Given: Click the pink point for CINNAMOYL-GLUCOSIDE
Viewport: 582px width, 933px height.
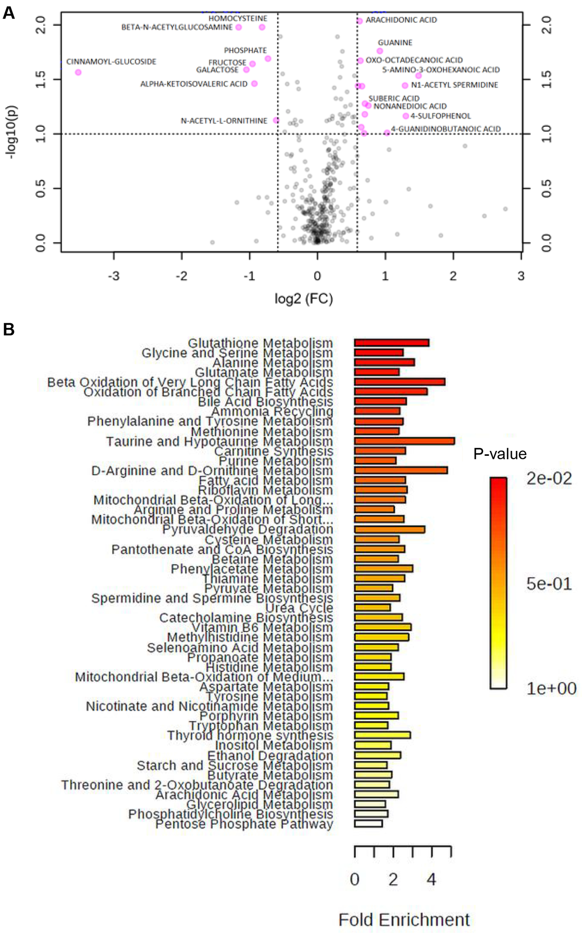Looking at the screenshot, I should click(78, 72).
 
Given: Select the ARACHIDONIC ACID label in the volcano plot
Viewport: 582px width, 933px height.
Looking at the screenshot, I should click(401, 20).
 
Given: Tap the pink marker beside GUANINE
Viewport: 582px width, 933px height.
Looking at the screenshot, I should click(380, 51).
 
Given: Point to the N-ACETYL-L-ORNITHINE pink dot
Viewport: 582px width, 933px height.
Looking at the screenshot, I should click(276, 120).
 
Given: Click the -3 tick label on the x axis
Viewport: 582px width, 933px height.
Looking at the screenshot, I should click(114, 276).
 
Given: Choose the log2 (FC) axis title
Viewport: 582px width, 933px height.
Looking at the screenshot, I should click(304, 298).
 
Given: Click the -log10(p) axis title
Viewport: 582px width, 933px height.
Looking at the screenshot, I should click(11, 132).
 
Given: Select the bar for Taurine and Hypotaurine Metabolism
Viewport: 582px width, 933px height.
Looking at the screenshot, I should click(404, 441).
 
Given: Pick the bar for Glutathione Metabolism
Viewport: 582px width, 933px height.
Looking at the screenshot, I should click(391, 343).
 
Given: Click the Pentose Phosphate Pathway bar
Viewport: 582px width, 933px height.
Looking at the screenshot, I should click(368, 823).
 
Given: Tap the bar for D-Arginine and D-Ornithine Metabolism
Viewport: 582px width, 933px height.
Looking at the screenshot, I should click(401, 470).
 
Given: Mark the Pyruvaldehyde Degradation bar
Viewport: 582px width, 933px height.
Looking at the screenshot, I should click(389, 529).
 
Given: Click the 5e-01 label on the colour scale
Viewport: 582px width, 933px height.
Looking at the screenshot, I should click(549, 584).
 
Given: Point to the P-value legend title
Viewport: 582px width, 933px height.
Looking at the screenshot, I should click(500, 454).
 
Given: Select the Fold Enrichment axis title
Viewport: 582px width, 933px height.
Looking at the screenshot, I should click(404, 919).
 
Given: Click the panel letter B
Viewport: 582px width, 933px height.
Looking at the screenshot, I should click(9, 329).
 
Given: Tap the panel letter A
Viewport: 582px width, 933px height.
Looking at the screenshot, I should click(9, 13).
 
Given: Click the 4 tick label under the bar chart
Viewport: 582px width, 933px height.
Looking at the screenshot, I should click(432, 880).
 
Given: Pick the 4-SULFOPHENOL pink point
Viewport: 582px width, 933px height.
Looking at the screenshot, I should click(406, 116).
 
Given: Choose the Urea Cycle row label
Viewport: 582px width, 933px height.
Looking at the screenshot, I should click(299, 607).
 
